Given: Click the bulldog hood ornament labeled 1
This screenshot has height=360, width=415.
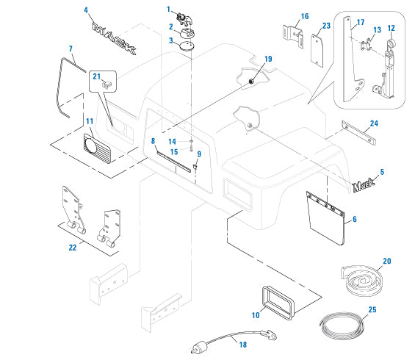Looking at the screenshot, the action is (185, 20).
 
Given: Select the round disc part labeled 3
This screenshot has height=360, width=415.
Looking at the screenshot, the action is (187, 46).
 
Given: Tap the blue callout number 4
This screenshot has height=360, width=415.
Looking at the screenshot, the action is (86, 10).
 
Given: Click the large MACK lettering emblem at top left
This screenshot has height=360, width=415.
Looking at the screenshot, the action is (114, 37).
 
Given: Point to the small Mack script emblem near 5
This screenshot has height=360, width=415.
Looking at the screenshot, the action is (364, 184).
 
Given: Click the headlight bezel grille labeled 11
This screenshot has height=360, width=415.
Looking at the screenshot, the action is (97, 148).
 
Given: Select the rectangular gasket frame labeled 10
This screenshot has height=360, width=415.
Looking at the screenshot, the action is (278, 303).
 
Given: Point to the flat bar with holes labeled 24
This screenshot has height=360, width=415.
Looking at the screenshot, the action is (358, 133).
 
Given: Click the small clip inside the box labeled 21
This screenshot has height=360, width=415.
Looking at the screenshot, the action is (107, 84).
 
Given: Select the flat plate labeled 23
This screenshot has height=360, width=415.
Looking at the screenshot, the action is (317, 51).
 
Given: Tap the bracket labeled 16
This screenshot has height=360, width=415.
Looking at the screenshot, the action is (293, 36).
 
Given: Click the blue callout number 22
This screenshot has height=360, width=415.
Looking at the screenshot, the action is (73, 248).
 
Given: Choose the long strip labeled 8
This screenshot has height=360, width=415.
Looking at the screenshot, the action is (173, 162).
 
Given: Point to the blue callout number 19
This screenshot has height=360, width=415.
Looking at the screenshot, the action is (268, 59).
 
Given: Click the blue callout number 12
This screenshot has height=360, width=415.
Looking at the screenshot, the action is (391, 28).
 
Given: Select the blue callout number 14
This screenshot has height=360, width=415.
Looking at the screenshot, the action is (172, 142).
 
